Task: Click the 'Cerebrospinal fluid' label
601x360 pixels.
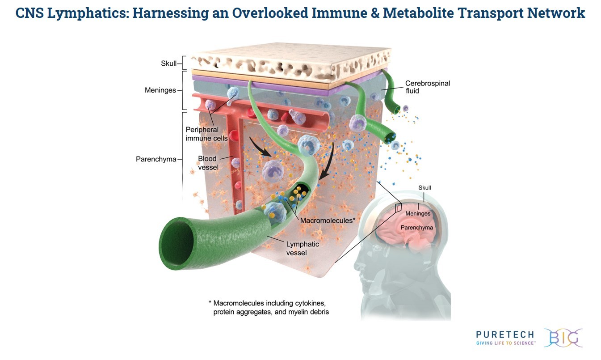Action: coord(428,87)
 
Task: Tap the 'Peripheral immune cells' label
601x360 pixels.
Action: coord(206,134)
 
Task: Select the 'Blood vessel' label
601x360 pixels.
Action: coord(208,163)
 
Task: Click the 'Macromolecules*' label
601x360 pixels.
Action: coord(328,220)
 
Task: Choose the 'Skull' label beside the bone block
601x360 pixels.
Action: coord(168,64)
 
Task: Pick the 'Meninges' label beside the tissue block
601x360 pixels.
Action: coord(160,90)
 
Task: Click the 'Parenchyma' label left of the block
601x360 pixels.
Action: coord(156,159)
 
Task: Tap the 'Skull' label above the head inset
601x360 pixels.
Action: coord(425,188)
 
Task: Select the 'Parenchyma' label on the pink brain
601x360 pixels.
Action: coord(416,228)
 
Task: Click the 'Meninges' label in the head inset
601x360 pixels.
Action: coord(418,213)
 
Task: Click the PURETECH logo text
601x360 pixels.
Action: coord(505,335)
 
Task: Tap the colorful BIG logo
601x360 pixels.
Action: coord(563,338)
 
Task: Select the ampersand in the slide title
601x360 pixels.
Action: coord(375,13)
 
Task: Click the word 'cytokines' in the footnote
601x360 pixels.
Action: coord(311,303)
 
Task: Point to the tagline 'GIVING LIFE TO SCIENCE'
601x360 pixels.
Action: coord(506,343)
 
